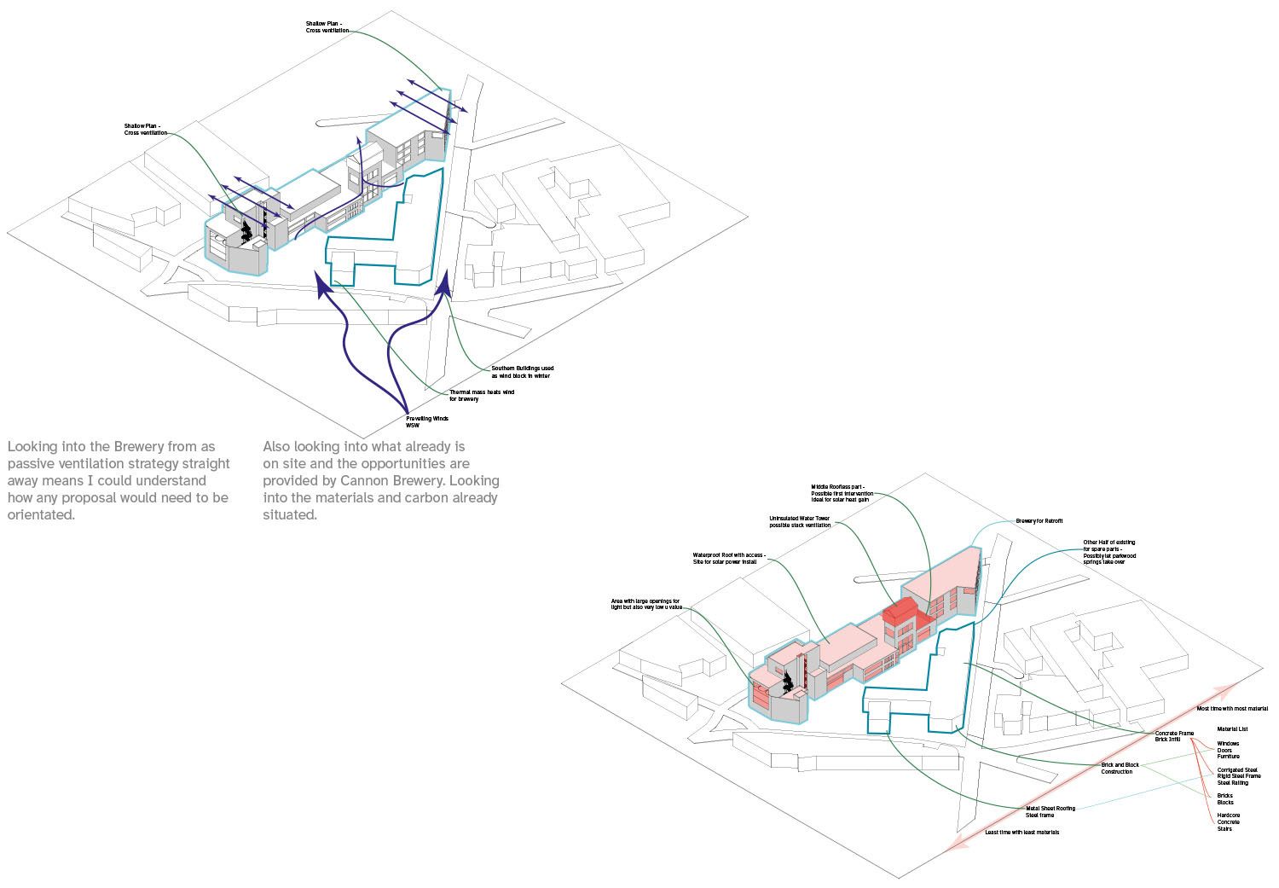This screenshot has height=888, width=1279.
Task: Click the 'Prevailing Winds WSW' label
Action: click(x=427, y=421)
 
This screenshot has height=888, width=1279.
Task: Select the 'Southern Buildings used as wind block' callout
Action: click(x=522, y=372)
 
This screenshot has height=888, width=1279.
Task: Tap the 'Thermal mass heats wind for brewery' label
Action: click(x=482, y=395)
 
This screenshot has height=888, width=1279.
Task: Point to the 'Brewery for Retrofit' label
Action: click(x=1039, y=520)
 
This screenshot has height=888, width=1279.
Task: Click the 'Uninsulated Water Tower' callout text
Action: click(x=799, y=521)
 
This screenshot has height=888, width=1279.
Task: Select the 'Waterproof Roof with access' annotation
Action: click(x=729, y=559)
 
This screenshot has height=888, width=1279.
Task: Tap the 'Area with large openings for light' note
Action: click(x=645, y=605)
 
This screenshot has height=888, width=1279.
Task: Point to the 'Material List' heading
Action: click(x=1232, y=729)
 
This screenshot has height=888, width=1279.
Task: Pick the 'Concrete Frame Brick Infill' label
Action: click(x=1174, y=736)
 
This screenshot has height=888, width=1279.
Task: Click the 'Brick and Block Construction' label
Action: click(x=1120, y=768)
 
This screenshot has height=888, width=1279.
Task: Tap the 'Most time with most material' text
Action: click(x=1231, y=708)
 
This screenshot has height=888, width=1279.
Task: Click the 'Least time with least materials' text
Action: click(x=1021, y=832)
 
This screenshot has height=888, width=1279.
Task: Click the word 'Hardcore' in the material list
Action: click(x=1229, y=815)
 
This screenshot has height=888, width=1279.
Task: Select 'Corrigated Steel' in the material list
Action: click(x=1237, y=769)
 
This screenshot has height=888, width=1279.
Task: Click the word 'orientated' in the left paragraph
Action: click(x=42, y=515)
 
